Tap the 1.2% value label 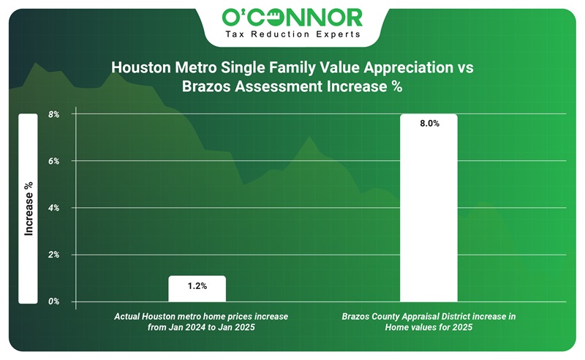pos(197,286)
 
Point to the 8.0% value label pos(429,124)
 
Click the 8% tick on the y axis pos(53,114)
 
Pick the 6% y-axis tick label pos(53,161)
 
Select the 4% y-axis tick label pos(53,208)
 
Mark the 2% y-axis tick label pos(53,255)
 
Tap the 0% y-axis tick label pos(53,301)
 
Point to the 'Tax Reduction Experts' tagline pos(292,34)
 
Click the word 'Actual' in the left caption pos(128,316)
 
